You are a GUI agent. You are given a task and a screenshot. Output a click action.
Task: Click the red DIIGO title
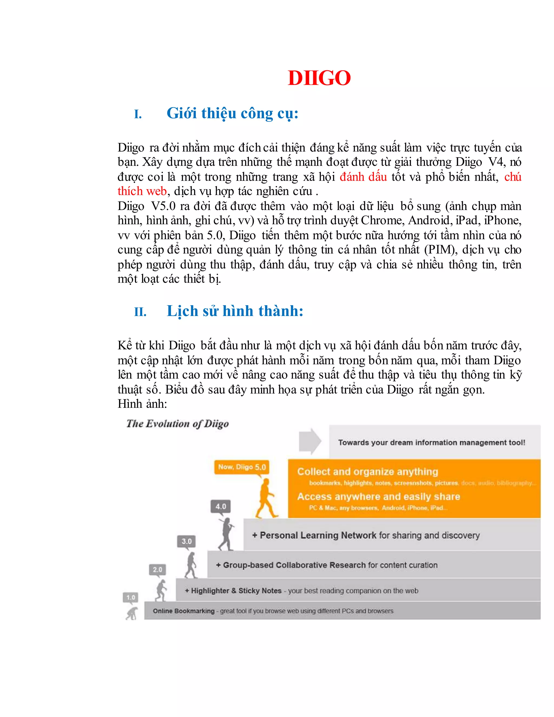point(319,78)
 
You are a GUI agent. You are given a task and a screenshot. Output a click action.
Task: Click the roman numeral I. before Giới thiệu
point(138,114)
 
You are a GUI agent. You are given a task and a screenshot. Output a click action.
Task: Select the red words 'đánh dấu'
point(363,177)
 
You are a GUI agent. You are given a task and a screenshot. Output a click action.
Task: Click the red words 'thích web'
point(142,191)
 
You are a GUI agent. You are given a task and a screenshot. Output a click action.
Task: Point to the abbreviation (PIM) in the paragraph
point(440,250)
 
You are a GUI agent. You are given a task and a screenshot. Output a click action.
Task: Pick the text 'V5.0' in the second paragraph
point(163,206)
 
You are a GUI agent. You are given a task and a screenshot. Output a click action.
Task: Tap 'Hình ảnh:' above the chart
point(142,404)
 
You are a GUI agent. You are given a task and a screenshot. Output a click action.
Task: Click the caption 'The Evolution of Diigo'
point(177,423)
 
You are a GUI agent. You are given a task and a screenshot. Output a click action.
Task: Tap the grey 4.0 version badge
point(220,506)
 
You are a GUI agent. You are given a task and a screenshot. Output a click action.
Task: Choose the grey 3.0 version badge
point(186,541)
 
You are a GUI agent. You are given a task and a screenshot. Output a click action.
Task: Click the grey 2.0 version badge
point(157,569)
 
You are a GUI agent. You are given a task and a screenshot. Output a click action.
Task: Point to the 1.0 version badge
point(131,597)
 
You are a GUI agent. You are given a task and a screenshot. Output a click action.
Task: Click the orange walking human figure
point(266,498)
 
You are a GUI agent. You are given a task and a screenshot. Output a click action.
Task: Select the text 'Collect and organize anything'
point(367,472)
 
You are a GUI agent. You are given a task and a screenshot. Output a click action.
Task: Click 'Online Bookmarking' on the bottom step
point(183,611)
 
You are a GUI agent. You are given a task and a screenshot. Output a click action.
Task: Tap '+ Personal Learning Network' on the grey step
point(314,535)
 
